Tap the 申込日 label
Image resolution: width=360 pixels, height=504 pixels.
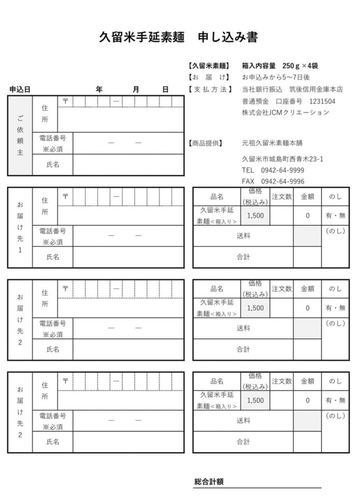(20, 90)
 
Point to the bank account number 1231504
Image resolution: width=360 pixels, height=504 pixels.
(322, 101)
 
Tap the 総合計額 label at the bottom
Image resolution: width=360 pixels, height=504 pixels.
(209, 481)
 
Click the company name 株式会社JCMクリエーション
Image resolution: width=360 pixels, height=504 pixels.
(285, 113)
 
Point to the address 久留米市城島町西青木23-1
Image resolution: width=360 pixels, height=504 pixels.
(282, 159)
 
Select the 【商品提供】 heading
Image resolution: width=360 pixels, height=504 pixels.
(206, 143)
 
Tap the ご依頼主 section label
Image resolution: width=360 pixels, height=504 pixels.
(20, 135)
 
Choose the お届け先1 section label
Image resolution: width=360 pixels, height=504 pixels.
(20, 227)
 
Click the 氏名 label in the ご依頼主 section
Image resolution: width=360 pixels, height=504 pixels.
(53, 164)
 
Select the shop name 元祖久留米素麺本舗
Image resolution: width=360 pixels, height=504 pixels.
(272, 143)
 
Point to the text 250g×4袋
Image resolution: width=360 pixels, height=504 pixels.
(300, 65)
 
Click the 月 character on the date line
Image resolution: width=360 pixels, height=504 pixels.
(136, 90)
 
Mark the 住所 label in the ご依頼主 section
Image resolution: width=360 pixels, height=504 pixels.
(45, 113)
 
